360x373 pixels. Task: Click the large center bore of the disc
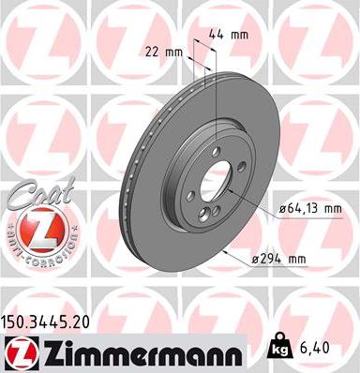point(218,184)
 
